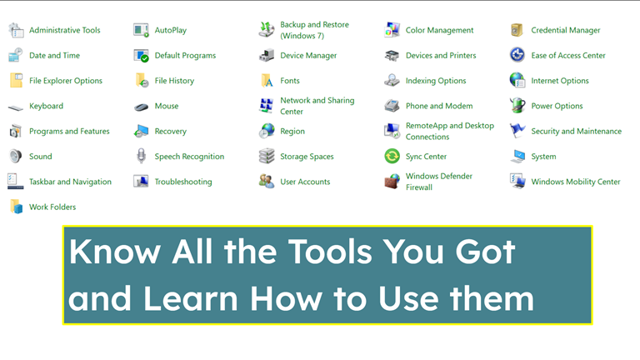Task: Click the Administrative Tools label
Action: tap(64, 31)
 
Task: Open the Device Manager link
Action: tap(308, 56)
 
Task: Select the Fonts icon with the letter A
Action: tap(267, 81)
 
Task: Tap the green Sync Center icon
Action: tap(392, 157)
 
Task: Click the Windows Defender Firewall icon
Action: tap(392, 182)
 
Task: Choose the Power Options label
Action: tap(557, 107)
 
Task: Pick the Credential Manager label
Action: tap(565, 31)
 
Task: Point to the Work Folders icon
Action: tap(16, 207)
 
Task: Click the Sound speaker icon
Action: tap(16, 157)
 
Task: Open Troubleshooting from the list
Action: tap(183, 182)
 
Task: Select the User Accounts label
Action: tap(305, 182)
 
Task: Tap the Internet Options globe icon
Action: tap(517, 81)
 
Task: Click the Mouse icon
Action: tap(141, 107)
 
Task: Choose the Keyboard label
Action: tap(46, 107)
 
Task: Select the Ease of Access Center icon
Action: tap(517, 56)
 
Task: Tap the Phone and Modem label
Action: tap(439, 107)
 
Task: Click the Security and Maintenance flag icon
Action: tap(517, 131)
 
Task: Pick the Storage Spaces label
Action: tap(307, 157)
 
